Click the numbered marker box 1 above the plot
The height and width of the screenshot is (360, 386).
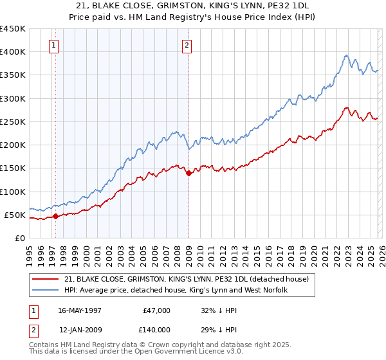(x=53, y=45)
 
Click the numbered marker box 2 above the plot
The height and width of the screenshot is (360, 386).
(x=187, y=45)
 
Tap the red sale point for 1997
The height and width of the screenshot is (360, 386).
(x=56, y=216)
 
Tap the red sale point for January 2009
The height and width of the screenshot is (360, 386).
(x=188, y=173)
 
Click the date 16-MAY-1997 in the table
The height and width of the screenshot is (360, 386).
(x=80, y=310)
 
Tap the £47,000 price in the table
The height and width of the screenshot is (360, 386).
(x=156, y=310)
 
